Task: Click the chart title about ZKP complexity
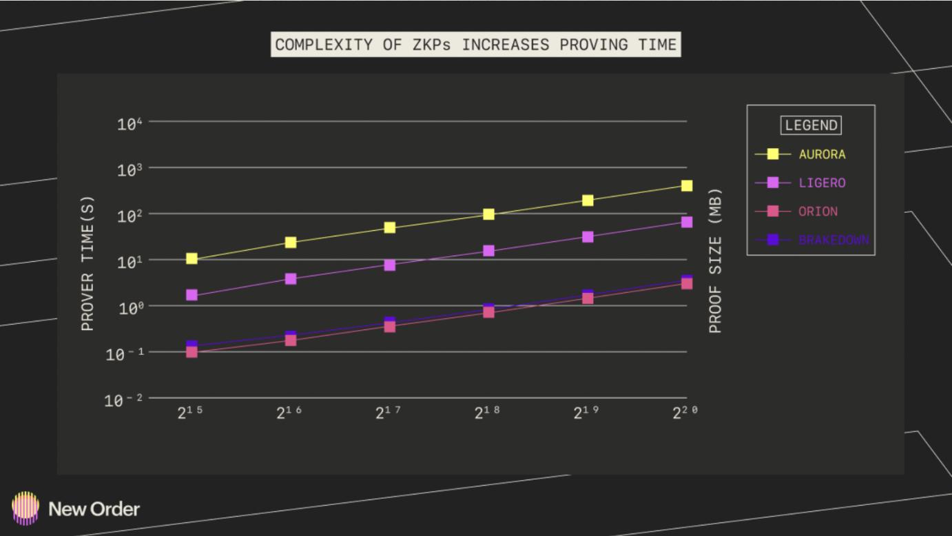(x=475, y=45)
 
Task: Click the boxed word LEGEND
(x=811, y=125)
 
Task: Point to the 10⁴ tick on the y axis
(x=130, y=123)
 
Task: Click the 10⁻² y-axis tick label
(x=124, y=400)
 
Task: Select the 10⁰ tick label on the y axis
(x=130, y=307)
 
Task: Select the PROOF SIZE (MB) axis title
(x=716, y=260)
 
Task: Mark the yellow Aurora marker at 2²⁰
(x=687, y=186)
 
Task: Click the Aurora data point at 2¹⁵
(x=192, y=259)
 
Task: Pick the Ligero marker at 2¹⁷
(x=390, y=265)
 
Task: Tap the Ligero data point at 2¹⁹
(x=588, y=236)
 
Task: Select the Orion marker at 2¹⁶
(x=291, y=340)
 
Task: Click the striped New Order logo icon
(x=25, y=508)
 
